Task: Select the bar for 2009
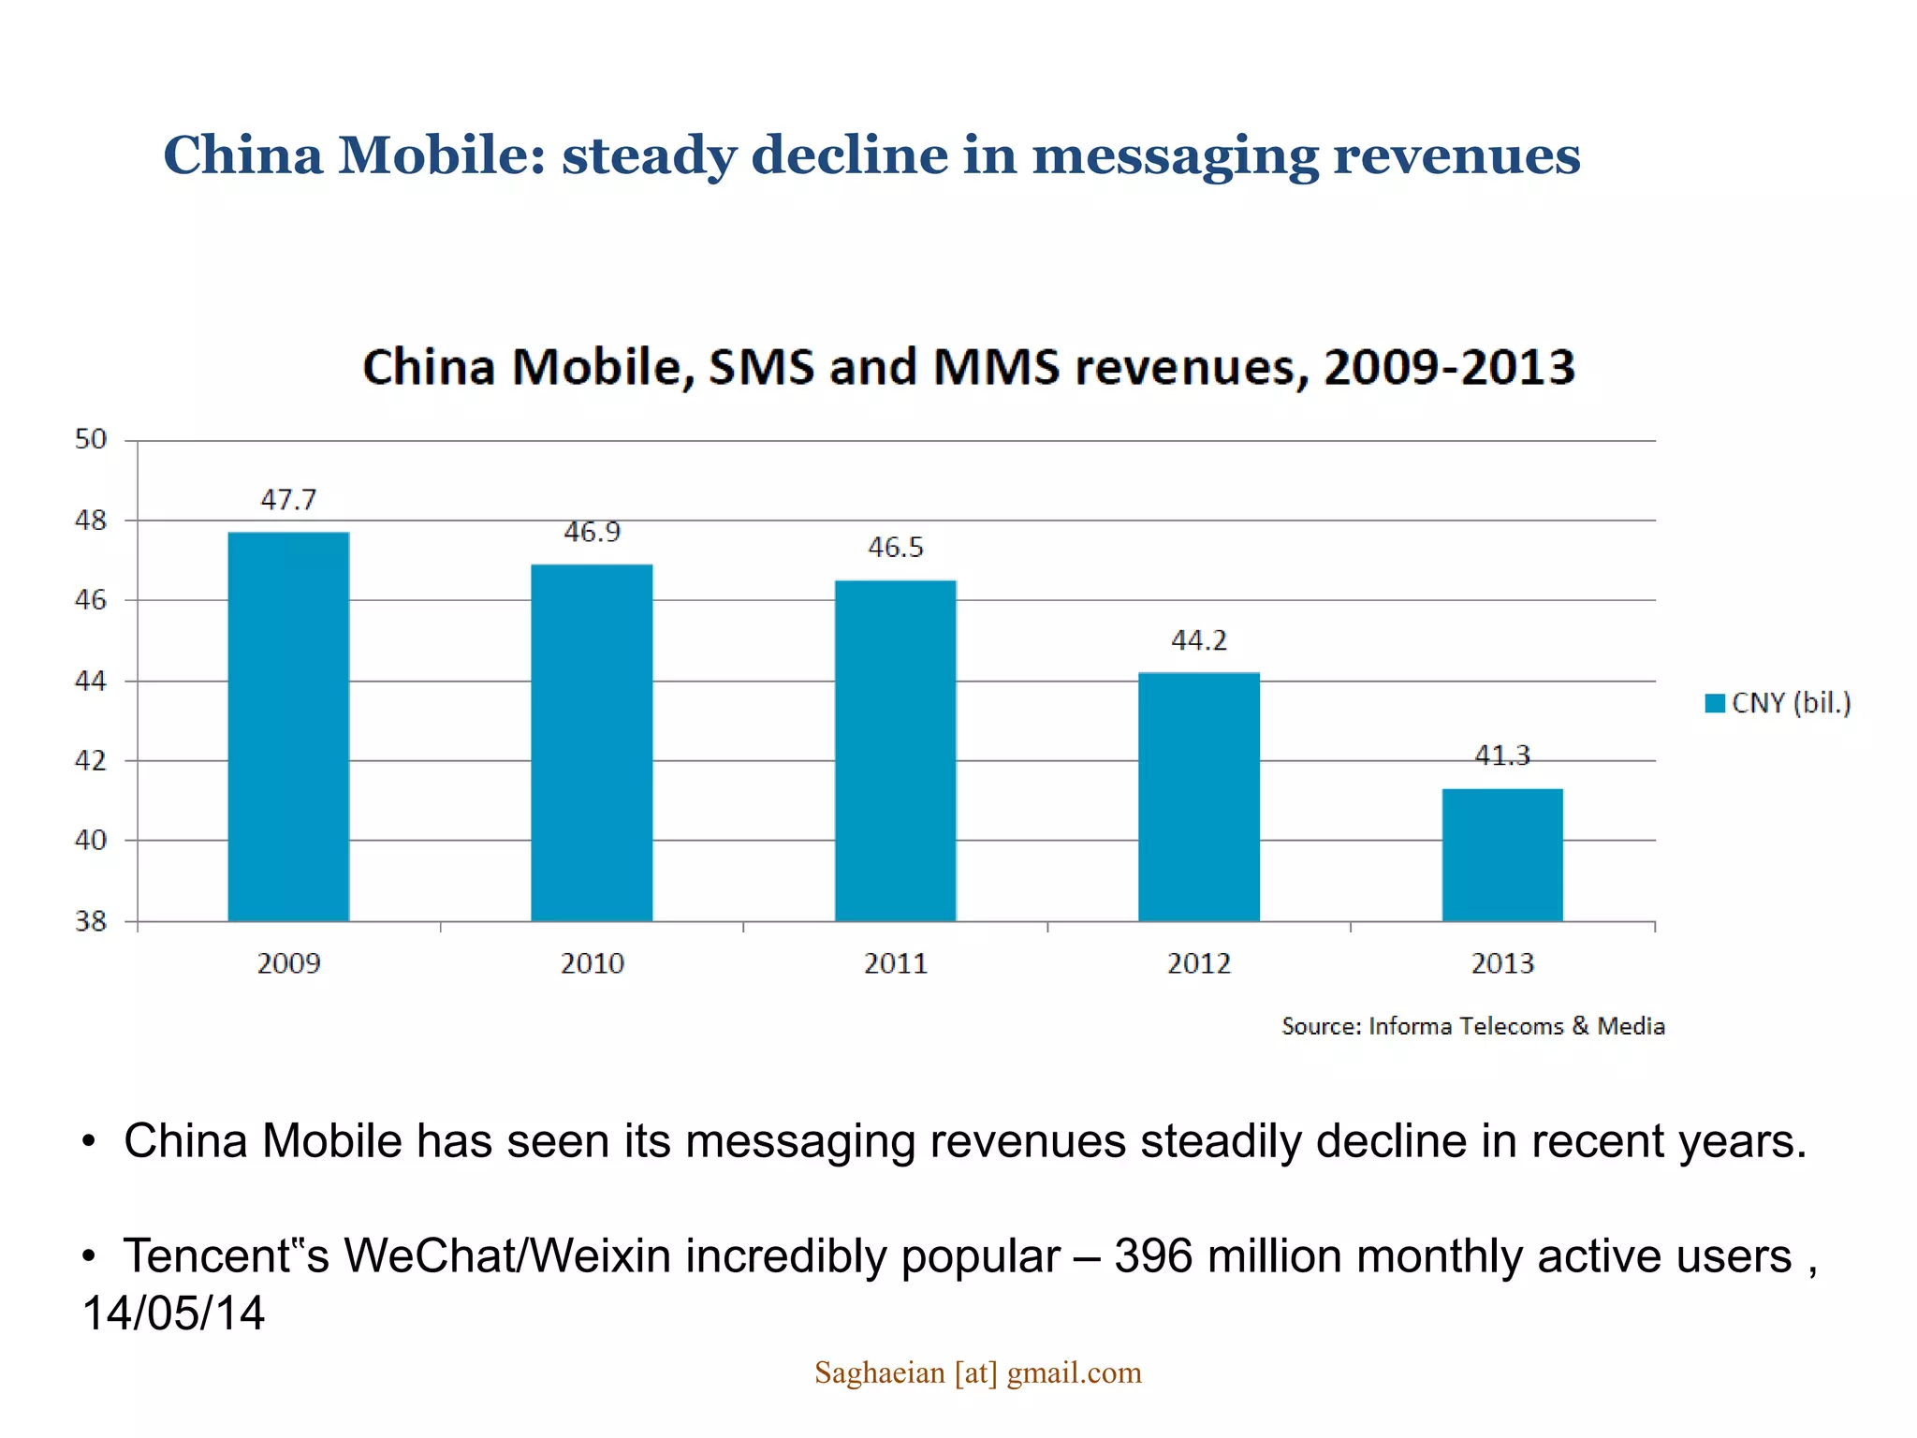click(288, 726)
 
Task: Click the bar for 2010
click(592, 742)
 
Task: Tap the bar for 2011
click(895, 751)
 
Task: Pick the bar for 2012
click(1198, 797)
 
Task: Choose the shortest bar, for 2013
click(1501, 855)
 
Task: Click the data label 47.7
click(288, 500)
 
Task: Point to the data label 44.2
click(1198, 640)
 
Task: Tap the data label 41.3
click(1501, 755)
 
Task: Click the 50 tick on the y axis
click(91, 439)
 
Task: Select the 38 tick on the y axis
click(91, 921)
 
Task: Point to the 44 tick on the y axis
click(91, 681)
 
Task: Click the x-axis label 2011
click(895, 963)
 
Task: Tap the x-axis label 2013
click(1501, 963)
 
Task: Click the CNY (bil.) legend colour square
click(1715, 703)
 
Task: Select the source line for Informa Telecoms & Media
click(1472, 1026)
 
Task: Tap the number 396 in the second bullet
click(1153, 1256)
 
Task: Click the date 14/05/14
click(174, 1313)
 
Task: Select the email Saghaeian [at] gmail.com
click(977, 1372)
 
